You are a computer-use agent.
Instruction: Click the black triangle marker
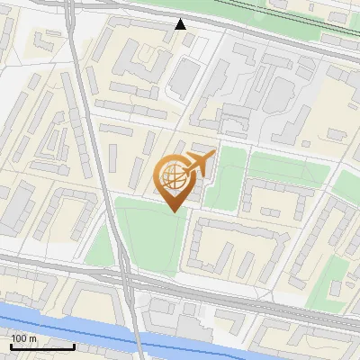click(181, 24)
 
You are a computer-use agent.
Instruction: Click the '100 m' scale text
click(24, 337)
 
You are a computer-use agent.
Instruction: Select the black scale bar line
click(41, 346)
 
